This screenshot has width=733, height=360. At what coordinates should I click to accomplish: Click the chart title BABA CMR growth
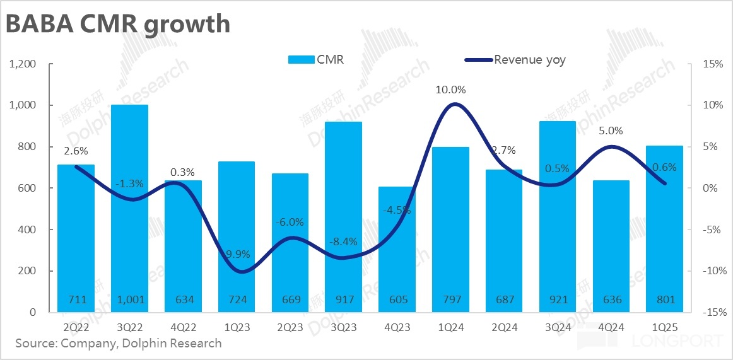coord(118,23)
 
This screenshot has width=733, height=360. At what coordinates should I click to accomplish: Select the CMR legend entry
coord(316,60)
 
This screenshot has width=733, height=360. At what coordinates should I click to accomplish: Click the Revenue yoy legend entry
coord(515,60)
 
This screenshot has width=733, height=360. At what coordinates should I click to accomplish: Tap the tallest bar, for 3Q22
coord(129,208)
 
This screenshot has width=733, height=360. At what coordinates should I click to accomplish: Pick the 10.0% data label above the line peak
coord(450,90)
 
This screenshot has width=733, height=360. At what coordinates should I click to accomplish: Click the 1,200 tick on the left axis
coord(23,64)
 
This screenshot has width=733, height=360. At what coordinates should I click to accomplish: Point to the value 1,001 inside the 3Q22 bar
coord(129,299)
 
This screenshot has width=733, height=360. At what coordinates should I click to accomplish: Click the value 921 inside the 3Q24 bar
coord(558,299)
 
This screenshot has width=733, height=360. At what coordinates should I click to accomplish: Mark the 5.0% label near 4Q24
coord(611,131)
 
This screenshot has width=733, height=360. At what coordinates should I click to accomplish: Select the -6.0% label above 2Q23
coord(290,222)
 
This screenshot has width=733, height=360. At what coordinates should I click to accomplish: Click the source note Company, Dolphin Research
coord(119,344)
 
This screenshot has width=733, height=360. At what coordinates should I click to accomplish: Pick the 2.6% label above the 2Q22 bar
coord(76,151)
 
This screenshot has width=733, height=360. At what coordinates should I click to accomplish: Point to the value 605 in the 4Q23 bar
coord(397,299)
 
